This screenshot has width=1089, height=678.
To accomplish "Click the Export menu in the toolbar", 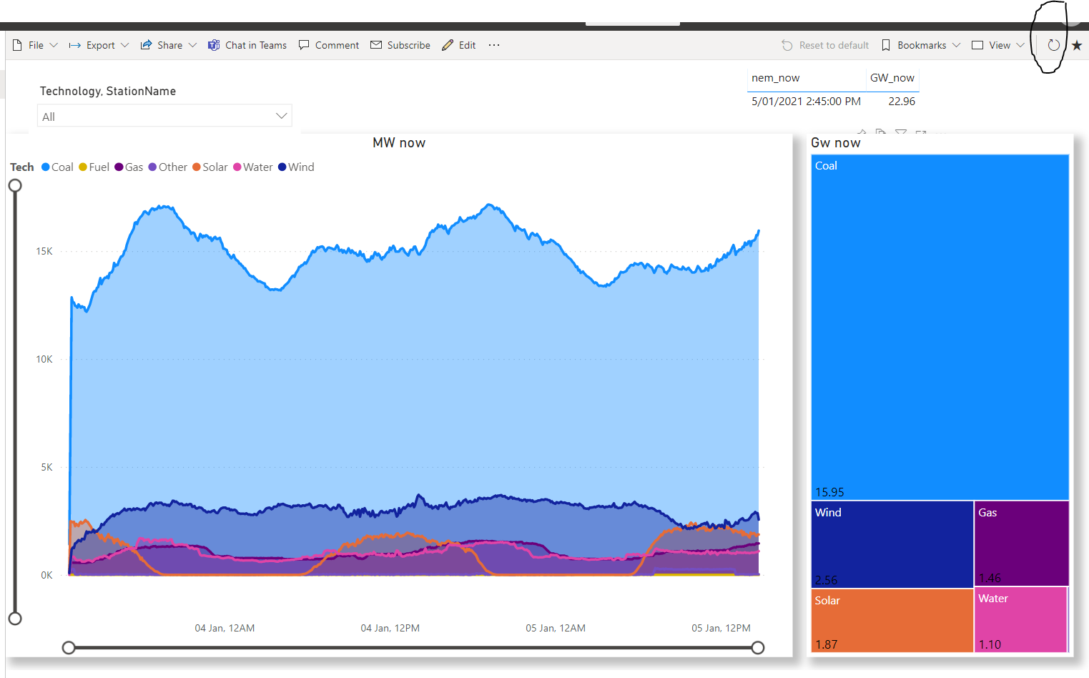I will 99,45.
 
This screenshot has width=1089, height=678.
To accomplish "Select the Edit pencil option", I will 459,45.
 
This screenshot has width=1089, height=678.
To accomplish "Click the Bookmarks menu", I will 921,45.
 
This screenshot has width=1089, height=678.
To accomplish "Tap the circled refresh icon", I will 1053,45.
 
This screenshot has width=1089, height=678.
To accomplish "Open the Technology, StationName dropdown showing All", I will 164,116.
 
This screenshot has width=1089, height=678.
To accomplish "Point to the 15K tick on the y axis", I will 44,252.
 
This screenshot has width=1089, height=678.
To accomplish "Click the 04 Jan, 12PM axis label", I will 390,628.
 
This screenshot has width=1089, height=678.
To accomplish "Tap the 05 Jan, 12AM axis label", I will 556,628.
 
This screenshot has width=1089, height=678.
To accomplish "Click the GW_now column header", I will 892,78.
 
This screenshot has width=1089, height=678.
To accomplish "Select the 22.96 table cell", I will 901,102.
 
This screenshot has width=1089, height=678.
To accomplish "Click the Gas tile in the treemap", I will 1021,544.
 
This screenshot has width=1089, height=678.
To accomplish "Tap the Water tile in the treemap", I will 1020,619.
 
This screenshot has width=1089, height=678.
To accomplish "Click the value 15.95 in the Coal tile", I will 829,492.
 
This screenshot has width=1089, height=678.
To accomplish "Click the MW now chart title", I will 399,143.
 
